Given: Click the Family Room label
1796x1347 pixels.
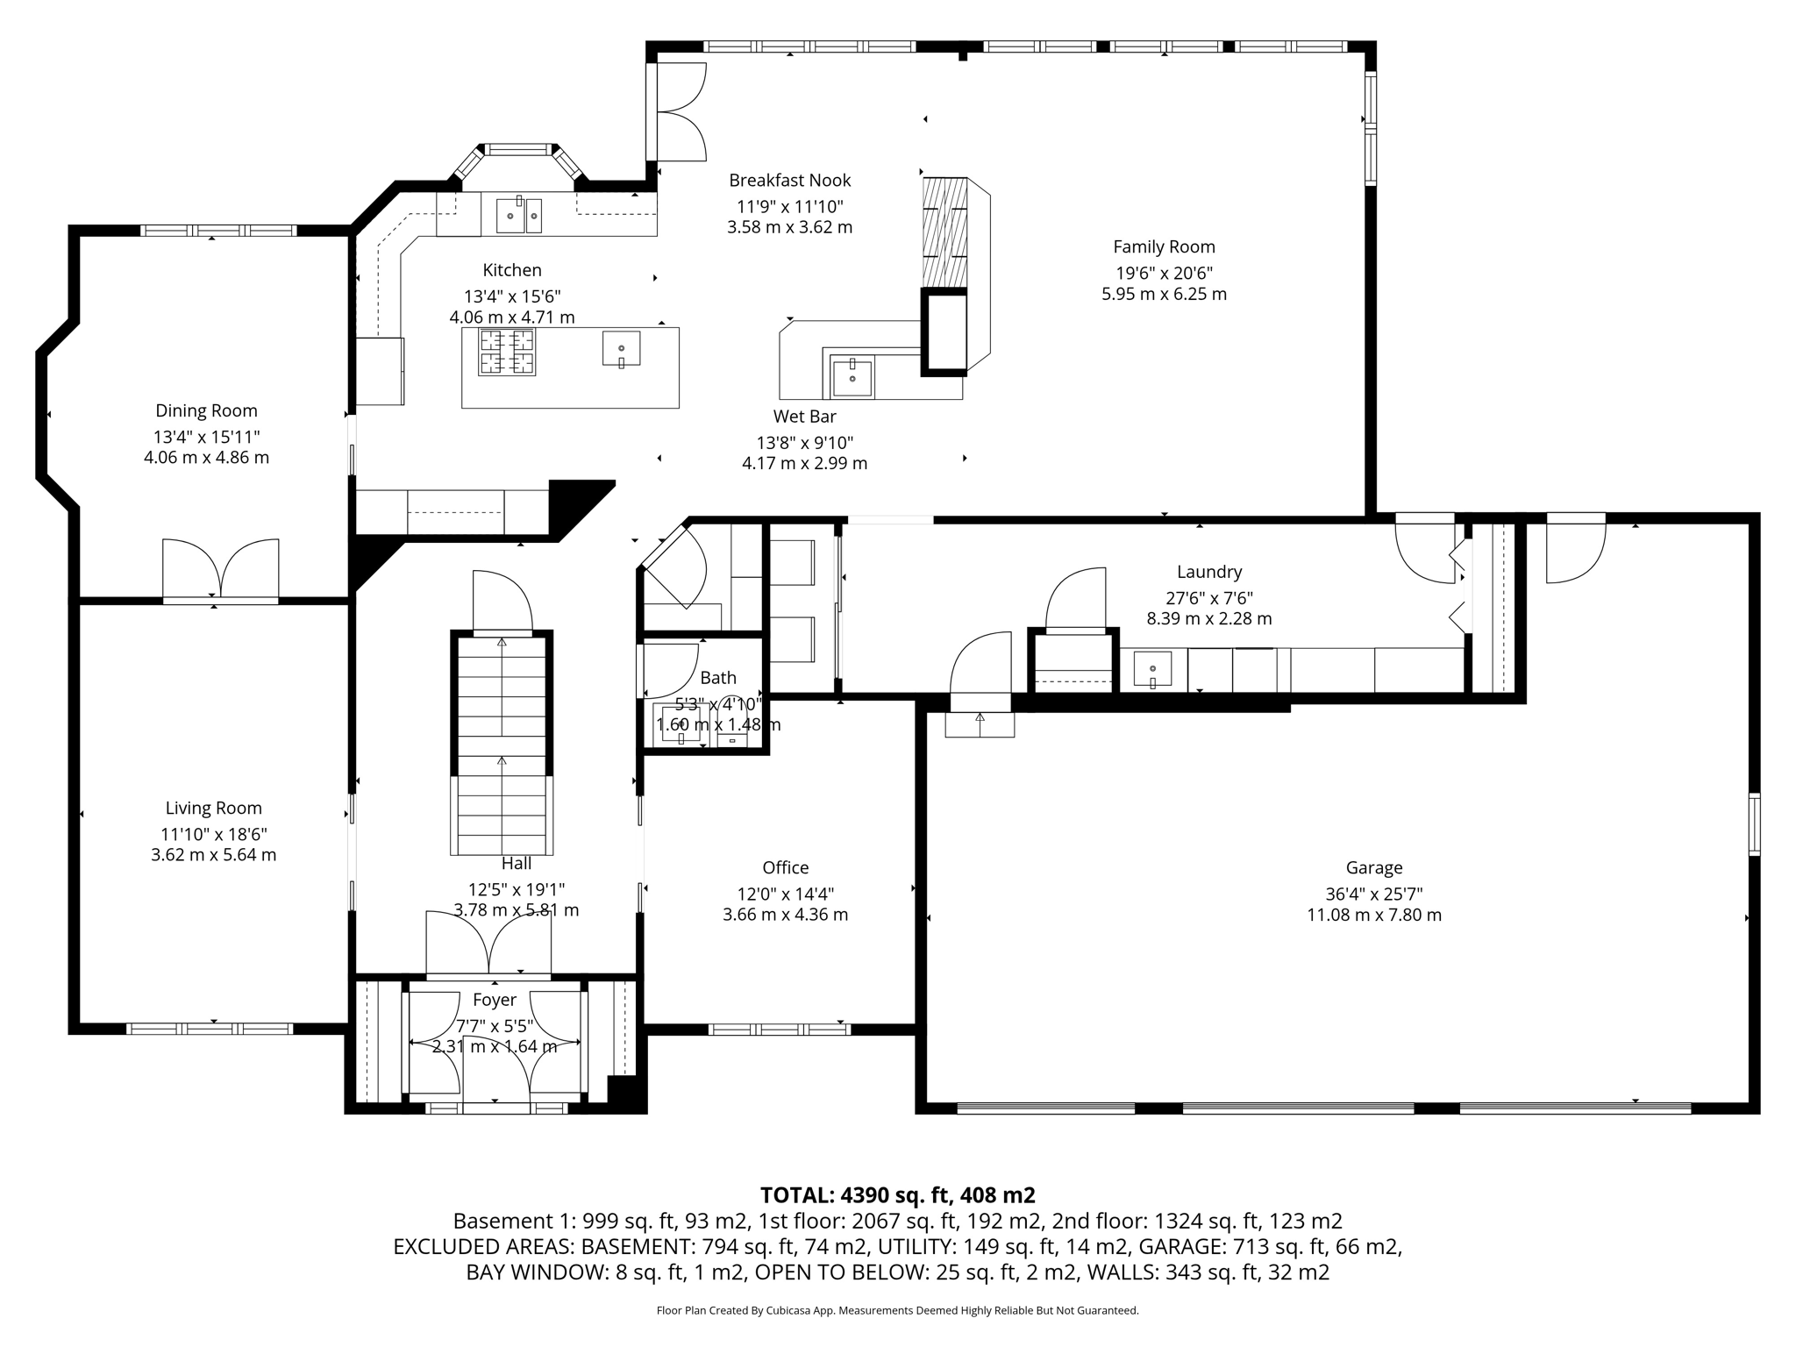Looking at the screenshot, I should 1164,247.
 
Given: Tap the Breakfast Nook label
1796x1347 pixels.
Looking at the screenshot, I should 789,181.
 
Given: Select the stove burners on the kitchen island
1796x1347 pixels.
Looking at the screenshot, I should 507,353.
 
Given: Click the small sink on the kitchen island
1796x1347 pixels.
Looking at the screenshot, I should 621,349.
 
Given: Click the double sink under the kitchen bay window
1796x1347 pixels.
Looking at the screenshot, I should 519,215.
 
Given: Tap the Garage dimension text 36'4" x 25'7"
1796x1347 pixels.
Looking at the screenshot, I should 1373,894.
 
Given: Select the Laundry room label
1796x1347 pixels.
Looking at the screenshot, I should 1208,573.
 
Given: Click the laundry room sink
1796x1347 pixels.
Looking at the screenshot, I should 1152,669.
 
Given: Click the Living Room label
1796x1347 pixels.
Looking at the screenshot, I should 213,809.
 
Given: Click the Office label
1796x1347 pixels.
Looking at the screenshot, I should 785,868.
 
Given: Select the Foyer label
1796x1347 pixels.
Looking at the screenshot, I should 495,1000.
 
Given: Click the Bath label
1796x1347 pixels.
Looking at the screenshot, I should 717,678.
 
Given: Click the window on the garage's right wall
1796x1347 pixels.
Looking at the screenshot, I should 1753,823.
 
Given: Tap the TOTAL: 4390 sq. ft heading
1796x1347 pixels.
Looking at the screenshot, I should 897,1195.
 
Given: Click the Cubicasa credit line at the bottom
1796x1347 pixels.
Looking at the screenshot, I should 897,1310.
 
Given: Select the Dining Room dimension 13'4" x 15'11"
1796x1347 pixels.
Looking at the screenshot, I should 206,437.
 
